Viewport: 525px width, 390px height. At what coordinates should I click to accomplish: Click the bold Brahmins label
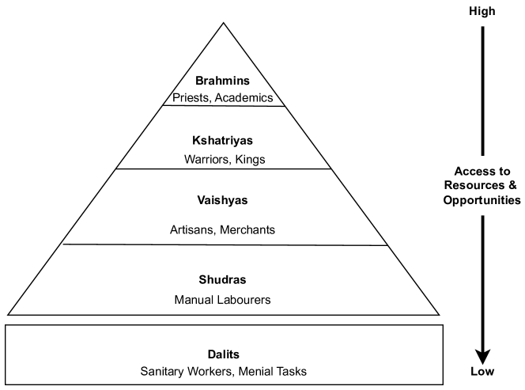pyautogui.click(x=222, y=81)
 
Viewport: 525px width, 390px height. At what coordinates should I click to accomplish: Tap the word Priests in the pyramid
pyautogui.click(x=192, y=97)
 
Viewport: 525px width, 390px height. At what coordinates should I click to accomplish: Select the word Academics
pyautogui.click(x=244, y=97)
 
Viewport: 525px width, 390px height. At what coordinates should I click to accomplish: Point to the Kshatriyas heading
pyautogui.click(x=222, y=140)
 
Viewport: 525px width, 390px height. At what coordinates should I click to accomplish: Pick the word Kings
pyautogui.click(x=251, y=159)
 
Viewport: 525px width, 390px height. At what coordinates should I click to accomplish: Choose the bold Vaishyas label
pyautogui.click(x=222, y=200)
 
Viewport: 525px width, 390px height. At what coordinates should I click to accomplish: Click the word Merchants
pyautogui.click(x=248, y=230)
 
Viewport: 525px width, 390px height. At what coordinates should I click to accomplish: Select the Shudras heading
pyautogui.click(x=223, y=280)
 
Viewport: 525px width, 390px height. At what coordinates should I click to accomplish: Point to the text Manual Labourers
pyautogui.click(x=223, y=300)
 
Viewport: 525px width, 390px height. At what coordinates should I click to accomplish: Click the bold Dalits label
pyautogui.click(x=223, y=354)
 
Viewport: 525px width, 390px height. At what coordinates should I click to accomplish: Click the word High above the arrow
pyautogui.click(x=482, y=11)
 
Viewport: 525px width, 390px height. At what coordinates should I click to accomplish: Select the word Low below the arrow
pyautogui.click(x=482, y=372)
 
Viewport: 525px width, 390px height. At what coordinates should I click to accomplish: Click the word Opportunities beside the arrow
pyautogui.click(x=482, y=200)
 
